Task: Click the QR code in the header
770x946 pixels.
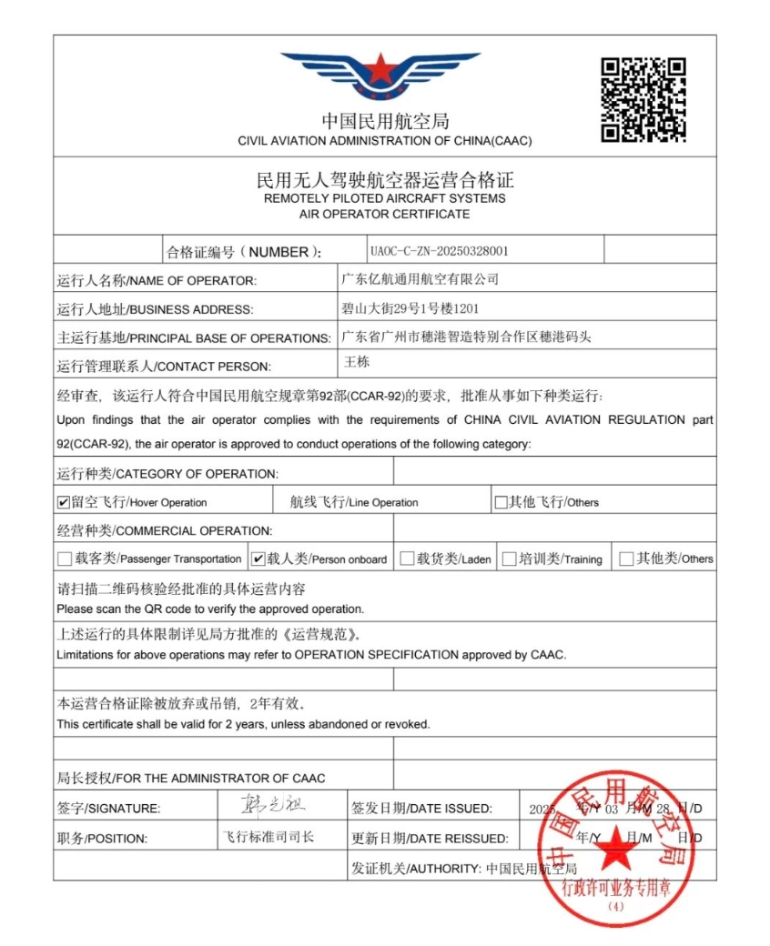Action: (x=643, y=100)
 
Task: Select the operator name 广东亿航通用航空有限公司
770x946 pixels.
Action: (x=420, y=278)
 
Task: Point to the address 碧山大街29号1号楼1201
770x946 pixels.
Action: (x=410, y=308)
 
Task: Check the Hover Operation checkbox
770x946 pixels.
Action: (x=64, y=502)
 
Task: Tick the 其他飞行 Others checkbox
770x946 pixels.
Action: (x=501, y=502)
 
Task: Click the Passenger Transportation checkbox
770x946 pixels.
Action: (x=64, y=559)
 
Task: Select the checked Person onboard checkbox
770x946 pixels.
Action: (x=258, y=559)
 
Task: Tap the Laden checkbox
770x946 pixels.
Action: (x=407, y=559)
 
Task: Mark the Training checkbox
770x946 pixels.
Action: (x=509, y=559)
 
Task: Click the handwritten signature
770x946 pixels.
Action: (x=261, y=806)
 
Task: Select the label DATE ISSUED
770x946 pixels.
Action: (x=450, y=809)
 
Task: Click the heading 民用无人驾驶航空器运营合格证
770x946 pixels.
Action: (x=385, y=180)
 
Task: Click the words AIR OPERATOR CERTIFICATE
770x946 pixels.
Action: (x=385, y=215)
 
